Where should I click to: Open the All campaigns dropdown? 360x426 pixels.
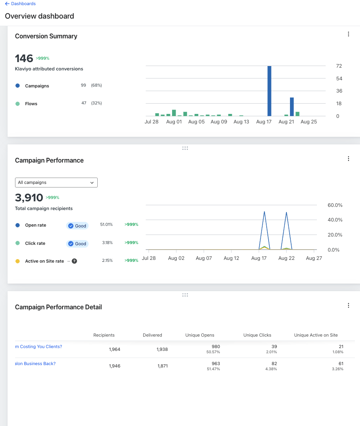(56, 182)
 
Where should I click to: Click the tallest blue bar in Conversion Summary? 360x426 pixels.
(269, 91)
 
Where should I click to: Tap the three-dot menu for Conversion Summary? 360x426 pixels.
(349, 34)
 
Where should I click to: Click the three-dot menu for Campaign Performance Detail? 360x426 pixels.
(349, 305)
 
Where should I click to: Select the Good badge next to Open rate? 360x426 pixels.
(78, 226)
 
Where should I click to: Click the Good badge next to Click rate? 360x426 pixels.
(78, 244)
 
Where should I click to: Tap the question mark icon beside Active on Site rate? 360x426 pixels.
(74, 261)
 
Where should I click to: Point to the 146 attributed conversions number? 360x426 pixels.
(24, 59)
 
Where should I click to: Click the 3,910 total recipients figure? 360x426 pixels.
(29, 197)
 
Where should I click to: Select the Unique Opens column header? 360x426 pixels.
(200, 335)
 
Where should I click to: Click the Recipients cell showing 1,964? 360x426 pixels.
(114, 349)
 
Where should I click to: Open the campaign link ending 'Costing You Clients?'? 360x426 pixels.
(38, 346)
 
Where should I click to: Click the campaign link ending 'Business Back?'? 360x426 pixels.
(35, 364)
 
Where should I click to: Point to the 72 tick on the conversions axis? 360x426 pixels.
(339, 66)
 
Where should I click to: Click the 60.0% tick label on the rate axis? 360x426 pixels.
(335, 205)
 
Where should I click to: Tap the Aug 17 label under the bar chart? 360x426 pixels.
(264, 122)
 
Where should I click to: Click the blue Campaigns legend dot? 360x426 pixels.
(17, 86)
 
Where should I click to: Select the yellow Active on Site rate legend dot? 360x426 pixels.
(17, 261)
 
